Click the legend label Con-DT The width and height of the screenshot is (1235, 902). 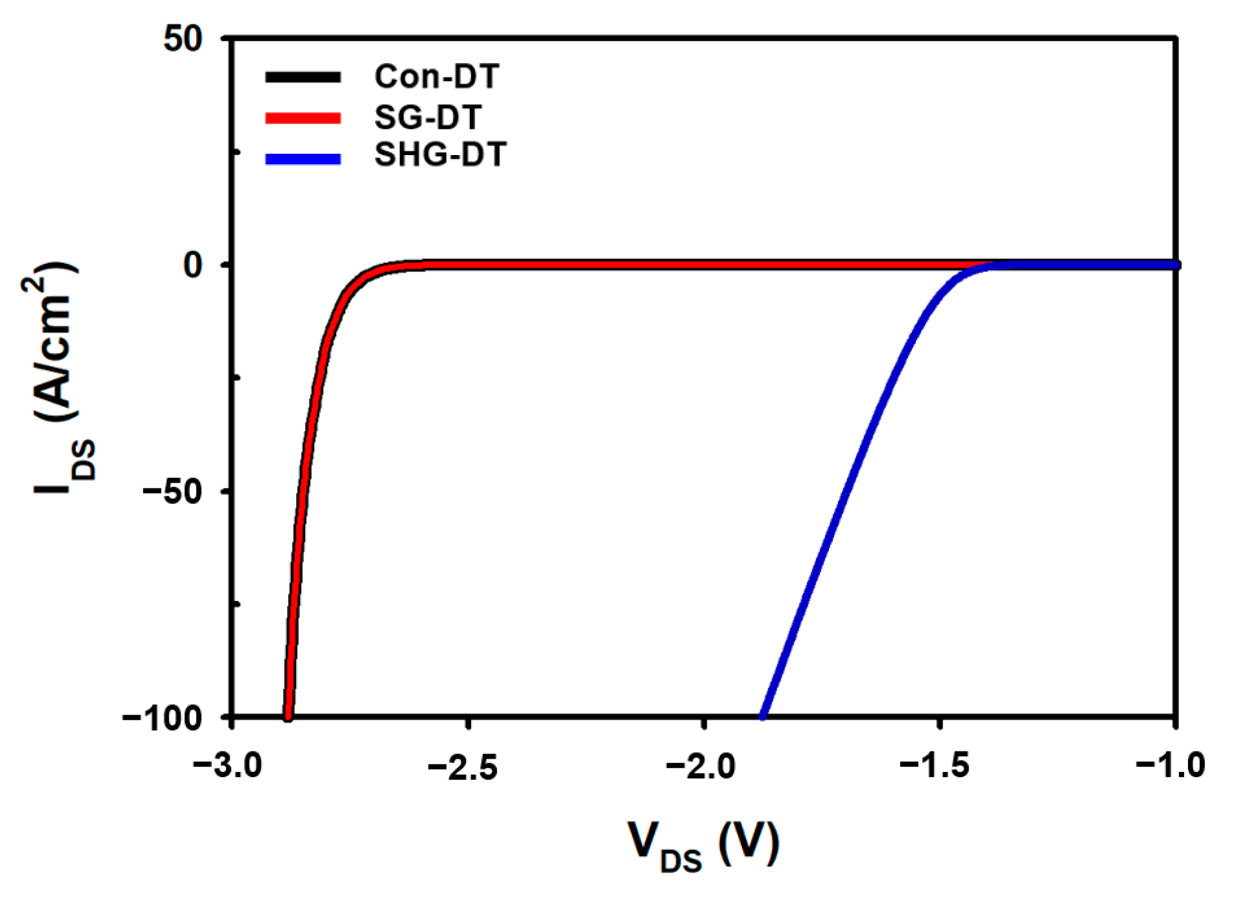[436, 77]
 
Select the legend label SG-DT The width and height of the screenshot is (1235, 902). [428, 117]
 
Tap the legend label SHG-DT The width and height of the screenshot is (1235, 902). [440, 155]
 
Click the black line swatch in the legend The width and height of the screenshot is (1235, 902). [303, 77]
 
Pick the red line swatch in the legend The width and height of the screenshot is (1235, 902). [303, 118]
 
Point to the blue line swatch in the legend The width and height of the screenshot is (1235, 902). [303, 159]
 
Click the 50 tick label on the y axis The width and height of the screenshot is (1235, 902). [183, 39]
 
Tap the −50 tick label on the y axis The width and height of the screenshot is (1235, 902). [172, 491]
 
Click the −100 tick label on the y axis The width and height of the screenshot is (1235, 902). [162, 717]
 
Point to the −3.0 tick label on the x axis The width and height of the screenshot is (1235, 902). [228, 766]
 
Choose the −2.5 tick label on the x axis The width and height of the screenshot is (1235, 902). [463, 766]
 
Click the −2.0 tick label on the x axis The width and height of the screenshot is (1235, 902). [700, 766]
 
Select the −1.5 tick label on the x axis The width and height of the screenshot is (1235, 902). [935, 766]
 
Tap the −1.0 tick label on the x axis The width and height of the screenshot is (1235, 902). [1171, 766]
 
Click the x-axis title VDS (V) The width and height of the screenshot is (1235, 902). [703, 845]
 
